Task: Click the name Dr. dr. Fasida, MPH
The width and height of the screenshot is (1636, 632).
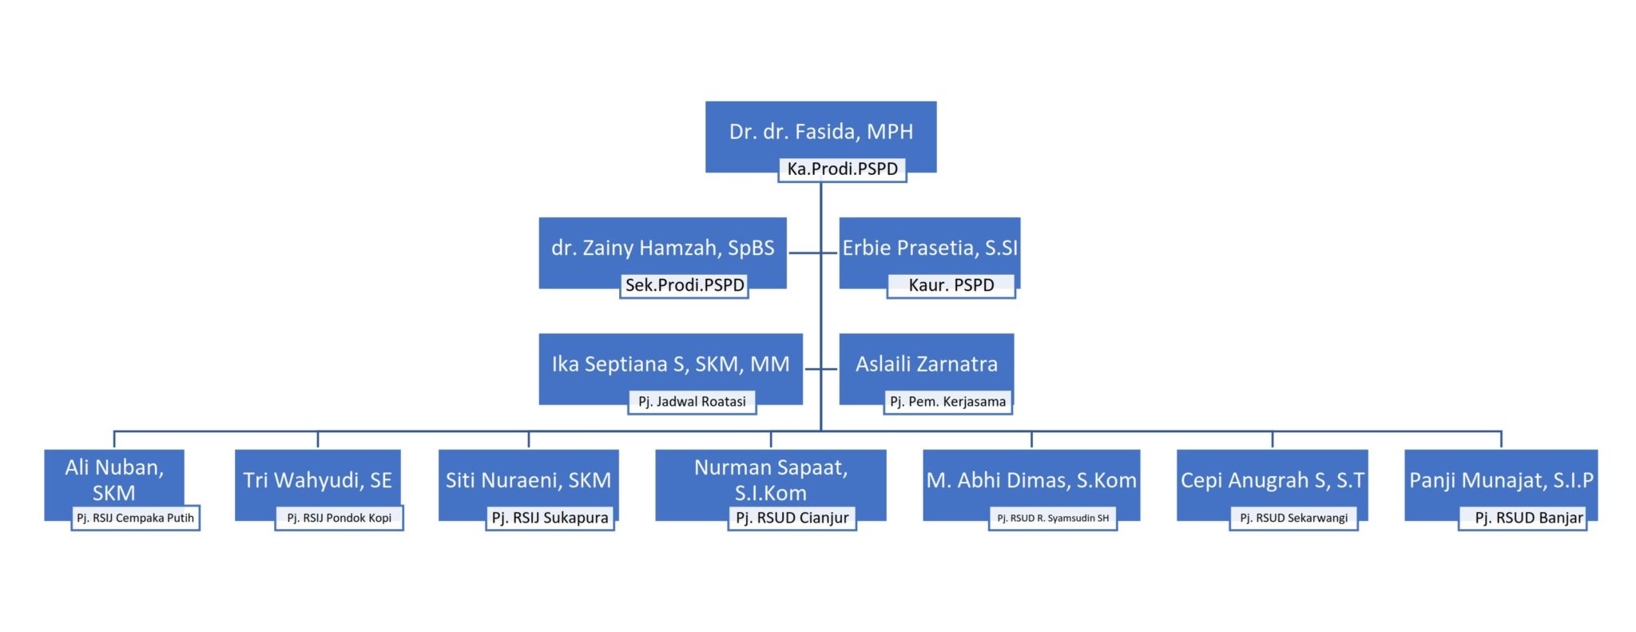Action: (x=820, y=132)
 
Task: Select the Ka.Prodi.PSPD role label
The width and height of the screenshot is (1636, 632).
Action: (x=843, y=169)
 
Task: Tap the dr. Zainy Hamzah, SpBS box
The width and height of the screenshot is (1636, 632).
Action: (x=662, y=252)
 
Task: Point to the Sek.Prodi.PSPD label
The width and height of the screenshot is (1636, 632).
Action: (x=685, y=285)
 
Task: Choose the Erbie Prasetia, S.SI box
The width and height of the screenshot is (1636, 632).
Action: (x=929, y=252)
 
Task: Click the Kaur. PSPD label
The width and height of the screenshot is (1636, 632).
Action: (x=951, y=285)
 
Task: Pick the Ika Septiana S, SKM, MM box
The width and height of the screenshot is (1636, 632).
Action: (x=670, y=369)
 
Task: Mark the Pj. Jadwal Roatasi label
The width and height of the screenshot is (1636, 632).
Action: (x=692, y=402)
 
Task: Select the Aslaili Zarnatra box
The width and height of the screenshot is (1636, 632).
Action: (x=926, y=369)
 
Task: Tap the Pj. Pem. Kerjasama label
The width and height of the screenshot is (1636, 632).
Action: (x=948, y=402)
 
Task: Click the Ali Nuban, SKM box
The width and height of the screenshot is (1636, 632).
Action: (x=114, y=485)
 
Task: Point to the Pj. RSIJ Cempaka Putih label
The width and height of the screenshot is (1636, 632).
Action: (x=135, y=518)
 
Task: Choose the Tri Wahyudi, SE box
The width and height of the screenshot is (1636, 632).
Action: (x=318, y=485)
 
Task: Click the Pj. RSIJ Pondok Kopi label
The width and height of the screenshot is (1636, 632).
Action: (x=340, y=518)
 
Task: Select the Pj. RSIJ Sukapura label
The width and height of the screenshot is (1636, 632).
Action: (x=550, y=518)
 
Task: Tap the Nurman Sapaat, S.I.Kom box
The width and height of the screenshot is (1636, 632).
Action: (x=771, y=485)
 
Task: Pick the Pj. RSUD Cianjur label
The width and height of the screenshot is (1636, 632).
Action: (x=792, y=518)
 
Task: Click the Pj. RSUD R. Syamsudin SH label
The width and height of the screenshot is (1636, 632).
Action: (x=1053, y=518)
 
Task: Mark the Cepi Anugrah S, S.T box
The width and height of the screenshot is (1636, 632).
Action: (x=1273, y=485)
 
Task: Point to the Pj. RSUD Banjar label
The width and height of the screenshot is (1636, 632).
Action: (x=1523, y=518)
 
